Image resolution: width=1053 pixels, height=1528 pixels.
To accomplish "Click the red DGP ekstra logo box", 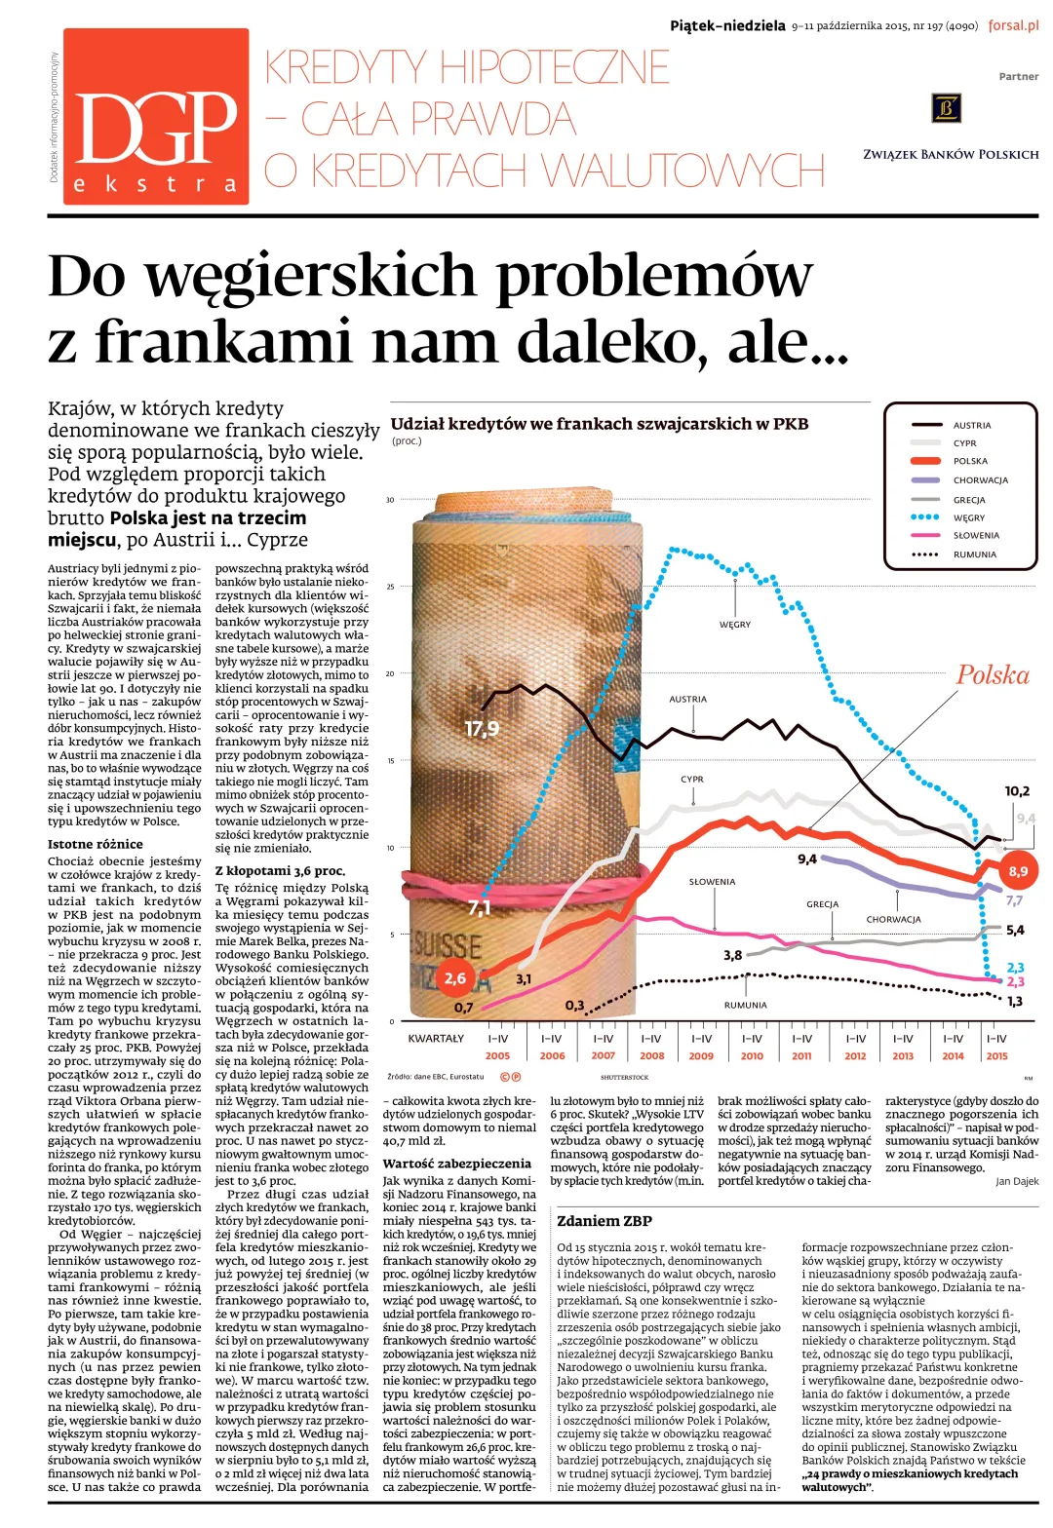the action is [156, 117].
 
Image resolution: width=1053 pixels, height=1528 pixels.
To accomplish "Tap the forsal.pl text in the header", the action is [1013, 26].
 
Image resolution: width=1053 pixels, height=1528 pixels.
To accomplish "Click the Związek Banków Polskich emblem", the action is [946, 108].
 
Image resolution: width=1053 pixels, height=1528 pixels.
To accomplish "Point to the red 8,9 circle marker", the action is [1018, 871].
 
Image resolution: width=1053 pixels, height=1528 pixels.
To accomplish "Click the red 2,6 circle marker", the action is [454, 978].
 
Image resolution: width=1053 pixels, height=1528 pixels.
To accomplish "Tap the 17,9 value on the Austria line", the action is [482, 729].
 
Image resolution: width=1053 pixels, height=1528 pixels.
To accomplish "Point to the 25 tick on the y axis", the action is [390, 587].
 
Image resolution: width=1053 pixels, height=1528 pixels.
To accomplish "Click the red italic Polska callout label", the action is [993, 674].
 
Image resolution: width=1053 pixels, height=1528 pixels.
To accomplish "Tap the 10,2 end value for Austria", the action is [1017, 791].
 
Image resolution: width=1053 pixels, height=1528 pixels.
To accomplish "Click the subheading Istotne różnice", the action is [96, 844].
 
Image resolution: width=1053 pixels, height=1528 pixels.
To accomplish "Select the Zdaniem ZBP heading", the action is [604, 1221].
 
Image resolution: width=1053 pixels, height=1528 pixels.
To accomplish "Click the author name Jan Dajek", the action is [1017, 1181].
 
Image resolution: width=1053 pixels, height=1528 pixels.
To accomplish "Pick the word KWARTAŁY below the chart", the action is [436, 1038].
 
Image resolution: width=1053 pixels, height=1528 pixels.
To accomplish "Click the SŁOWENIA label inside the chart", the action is [712, 882].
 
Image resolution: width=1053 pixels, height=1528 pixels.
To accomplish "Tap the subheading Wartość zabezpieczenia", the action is [456, 1164].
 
